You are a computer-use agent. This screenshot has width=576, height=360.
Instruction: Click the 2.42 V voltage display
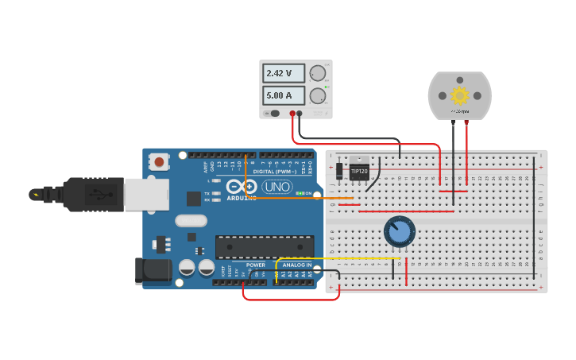284,73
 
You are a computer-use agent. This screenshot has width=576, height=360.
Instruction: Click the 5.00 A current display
284,95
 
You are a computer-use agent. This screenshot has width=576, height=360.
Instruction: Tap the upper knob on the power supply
318,73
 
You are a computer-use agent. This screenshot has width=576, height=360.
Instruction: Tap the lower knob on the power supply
318,96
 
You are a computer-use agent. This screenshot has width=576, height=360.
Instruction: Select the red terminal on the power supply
292,114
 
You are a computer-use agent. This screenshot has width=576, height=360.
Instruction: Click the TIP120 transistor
359,171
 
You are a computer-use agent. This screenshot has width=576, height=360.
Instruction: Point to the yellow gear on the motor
459,95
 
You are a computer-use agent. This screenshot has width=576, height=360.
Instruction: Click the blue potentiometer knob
399,231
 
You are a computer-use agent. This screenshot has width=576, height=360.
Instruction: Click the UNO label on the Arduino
277,188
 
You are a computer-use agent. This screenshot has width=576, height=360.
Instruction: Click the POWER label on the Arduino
256,265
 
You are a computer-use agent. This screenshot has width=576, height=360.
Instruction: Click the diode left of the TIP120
339,170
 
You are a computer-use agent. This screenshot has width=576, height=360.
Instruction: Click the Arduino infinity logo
241,188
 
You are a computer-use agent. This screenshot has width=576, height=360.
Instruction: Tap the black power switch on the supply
274,113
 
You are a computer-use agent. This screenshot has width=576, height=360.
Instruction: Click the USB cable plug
95,195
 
